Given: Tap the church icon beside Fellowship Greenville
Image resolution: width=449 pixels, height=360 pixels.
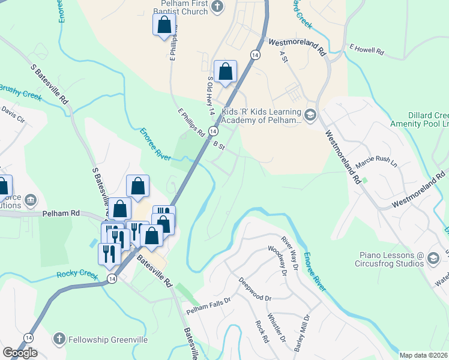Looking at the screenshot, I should [59, 339].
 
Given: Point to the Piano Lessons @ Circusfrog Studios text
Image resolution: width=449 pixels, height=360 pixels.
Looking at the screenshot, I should [388, 258].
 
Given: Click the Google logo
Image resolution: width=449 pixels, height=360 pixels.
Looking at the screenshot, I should [20, 353].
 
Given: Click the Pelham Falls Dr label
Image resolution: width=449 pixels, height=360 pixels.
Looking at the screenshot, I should [208, 307].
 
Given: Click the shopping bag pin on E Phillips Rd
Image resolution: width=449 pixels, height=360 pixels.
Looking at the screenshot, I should [164, 26].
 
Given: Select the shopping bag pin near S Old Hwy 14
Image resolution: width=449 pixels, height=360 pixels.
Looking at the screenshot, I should [225, 72].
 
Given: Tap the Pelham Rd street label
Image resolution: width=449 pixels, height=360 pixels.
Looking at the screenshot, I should [61, 213].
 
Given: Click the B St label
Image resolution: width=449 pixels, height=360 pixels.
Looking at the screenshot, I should [218, 145].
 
